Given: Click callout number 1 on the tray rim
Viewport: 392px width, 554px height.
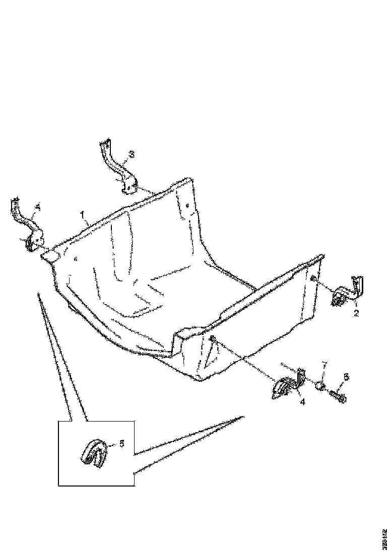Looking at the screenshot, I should coord(83,215).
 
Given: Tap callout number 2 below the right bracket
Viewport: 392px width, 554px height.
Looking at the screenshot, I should coord(356,313).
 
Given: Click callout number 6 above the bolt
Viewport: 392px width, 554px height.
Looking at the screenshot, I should coord(346,377).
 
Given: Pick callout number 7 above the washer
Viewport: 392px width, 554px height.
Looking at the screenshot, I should coord(324,364).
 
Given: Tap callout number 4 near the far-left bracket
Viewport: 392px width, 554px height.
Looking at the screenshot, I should coord(37,206).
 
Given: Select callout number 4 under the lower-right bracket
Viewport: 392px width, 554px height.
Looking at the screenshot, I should coord(303,402).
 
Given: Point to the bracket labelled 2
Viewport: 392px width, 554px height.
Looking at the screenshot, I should coord(347,293).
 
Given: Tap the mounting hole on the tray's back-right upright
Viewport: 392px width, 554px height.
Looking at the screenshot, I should coord(187,205).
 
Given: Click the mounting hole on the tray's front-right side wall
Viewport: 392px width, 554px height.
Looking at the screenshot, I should coord(213,338).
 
